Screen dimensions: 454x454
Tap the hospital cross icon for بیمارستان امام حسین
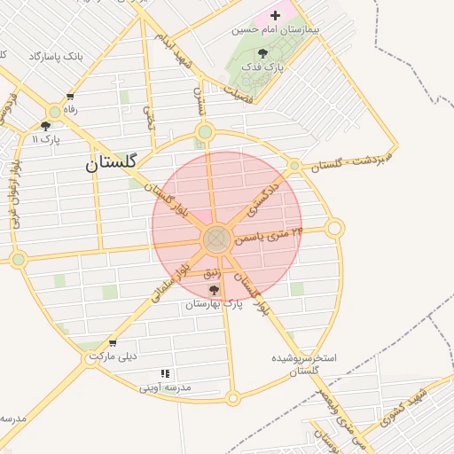(275, 15)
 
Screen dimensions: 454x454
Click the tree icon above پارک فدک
(262, 53)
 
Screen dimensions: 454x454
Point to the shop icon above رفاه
(70, 98)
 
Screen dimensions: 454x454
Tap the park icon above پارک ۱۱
(45, 126)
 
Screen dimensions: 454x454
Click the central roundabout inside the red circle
(216, 239)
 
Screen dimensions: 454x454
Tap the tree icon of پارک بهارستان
(213, 290)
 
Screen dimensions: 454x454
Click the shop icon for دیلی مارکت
(113, 343)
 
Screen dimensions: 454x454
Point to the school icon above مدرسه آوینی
(164, 375)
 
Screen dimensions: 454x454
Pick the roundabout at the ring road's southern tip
(232, 398)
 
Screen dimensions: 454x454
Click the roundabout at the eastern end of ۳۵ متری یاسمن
(334, 229)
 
